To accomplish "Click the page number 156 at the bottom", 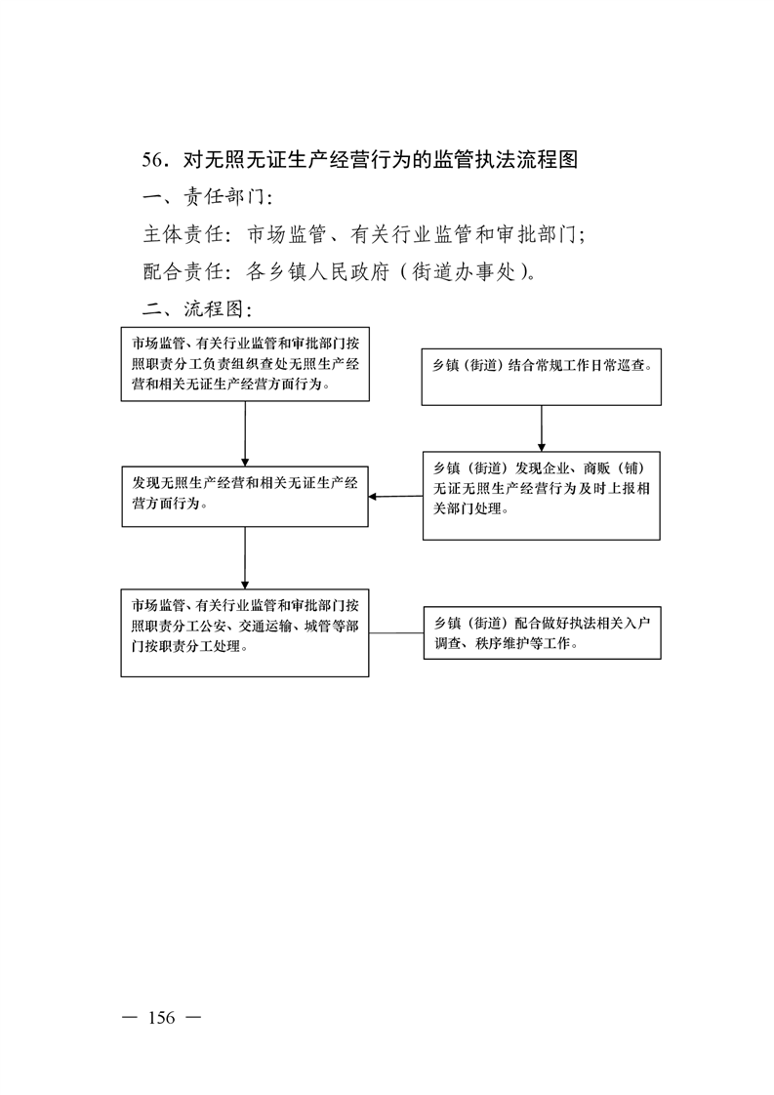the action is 161,1018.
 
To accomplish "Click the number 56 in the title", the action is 152,160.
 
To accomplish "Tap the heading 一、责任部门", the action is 208,197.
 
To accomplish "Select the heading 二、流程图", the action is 198,308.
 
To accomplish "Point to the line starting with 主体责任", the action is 364,234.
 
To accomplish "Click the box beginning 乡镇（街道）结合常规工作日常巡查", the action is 542,377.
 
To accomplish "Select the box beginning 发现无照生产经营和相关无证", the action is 245,497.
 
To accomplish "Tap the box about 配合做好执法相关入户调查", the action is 542,633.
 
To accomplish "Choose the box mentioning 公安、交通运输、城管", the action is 245,632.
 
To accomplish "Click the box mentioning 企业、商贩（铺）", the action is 542,496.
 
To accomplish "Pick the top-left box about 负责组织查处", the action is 245,364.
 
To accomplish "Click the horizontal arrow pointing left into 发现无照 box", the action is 395,497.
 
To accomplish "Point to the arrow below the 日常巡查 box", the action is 542,428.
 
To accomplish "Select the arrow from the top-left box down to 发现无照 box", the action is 245,433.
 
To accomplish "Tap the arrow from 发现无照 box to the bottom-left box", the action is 245,558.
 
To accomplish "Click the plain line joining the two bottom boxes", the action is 396,633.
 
